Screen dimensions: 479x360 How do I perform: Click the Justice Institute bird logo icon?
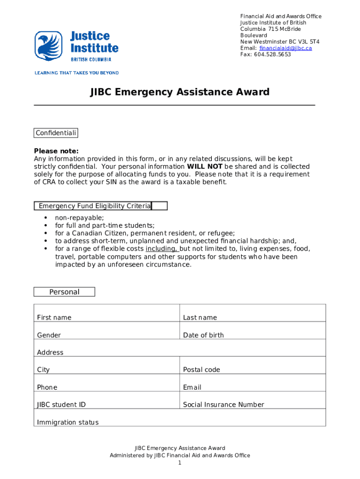[x=48, y=46]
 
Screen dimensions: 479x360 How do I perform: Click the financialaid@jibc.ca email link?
[x=285, y=48]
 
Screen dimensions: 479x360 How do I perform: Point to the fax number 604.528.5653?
[x=273, y=55]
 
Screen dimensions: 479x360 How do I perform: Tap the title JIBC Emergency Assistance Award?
[x=180, y=92]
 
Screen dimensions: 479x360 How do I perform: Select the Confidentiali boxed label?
[x=56, y=133]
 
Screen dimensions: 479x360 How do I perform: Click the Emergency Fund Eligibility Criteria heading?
[x=95, y=206]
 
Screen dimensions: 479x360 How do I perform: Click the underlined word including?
[x=162, y=249]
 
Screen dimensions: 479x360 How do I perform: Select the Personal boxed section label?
[x=64, y=292]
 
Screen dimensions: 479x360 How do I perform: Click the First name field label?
[x=54, y=318]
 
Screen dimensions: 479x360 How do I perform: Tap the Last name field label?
[x=200, y=318]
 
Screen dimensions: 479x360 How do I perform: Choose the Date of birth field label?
[x=203, y=335]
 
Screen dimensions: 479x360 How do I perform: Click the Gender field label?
[x=49, y=335]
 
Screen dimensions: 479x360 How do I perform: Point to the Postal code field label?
[x=202, y=370]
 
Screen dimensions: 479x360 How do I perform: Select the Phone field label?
[x=47, y=387]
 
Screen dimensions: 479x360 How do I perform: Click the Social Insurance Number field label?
[x=223, y=405]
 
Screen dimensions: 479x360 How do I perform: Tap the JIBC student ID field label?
[x=61, y=405]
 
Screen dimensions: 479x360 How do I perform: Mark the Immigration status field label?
[x=68, y=422]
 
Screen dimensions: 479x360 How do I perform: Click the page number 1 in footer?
[x=180, y=463]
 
